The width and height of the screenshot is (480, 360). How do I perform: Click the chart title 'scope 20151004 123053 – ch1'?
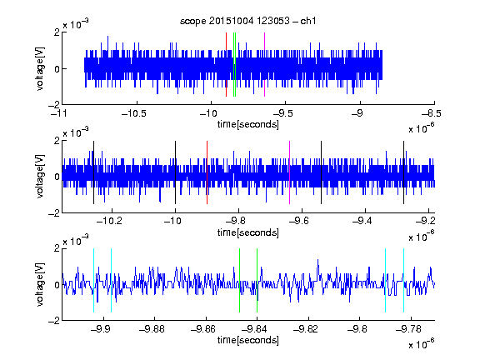point(247,21)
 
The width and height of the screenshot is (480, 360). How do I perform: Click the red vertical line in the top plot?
point(226,65)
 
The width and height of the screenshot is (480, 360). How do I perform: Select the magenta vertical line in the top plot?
point(264,65)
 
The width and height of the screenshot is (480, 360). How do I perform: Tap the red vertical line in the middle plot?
point(207,172)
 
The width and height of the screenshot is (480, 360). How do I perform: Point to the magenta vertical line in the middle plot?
point(290,172)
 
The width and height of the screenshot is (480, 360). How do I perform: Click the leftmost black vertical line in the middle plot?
point(93,172)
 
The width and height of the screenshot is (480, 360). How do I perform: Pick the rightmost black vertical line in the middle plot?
point(404,172)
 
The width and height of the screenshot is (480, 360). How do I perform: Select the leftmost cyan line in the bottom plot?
point(93,280)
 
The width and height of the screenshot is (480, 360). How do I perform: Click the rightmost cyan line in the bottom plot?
point(404,280)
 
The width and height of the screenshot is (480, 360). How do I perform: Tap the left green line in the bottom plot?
point(239,280)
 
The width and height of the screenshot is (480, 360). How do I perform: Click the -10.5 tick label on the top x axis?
point(134,113)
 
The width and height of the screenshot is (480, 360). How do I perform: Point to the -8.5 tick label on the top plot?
point(432,113)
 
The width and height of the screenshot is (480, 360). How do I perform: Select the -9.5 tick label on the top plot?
point(282,113)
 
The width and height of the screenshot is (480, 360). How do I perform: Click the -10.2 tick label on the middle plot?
point(109,221)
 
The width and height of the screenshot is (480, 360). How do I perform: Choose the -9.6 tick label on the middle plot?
point(298,221)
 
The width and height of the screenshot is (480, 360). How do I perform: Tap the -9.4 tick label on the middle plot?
point(362,221)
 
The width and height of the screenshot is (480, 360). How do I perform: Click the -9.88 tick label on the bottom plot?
point(152,329)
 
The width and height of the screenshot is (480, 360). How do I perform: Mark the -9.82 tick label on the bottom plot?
point(306,329)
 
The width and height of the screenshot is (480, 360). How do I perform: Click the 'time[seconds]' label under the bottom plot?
point(248,340)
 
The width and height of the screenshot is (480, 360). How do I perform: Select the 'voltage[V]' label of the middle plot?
point(40,177)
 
